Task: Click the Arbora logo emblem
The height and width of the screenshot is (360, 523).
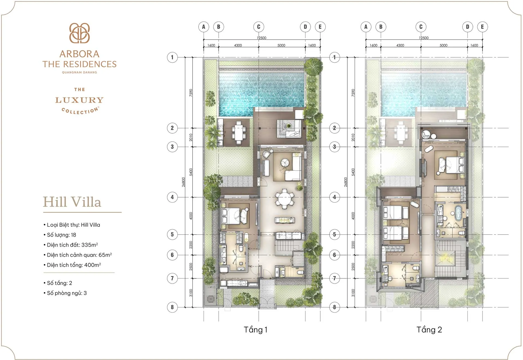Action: coord(79,33)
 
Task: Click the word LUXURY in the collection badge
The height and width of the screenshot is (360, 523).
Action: coord(79,100)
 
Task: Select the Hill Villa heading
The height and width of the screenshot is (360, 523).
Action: coord(72,202)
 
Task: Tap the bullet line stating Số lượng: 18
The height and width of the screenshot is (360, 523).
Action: coord(61,235)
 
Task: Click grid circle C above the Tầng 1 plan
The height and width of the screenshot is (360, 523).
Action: coord(259,27)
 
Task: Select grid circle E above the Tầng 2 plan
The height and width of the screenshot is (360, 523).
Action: coord(482,27)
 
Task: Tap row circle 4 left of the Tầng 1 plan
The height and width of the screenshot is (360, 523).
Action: coord(172,197)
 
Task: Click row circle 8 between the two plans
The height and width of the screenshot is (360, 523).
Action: coord(335,307)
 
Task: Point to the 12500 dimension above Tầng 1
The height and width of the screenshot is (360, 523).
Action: coord(261,38)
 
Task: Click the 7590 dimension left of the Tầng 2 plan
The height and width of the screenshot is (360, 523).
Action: coord(353,93)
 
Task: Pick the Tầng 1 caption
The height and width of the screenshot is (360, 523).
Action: coord(256,330)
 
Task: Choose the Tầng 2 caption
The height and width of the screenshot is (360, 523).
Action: coord(429,330)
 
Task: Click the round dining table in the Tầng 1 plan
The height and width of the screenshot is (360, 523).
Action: coord(284,199)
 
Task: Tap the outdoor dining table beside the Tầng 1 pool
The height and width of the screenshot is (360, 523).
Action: coord(239,133)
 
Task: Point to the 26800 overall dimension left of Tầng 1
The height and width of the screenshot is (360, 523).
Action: coord(184,182)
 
